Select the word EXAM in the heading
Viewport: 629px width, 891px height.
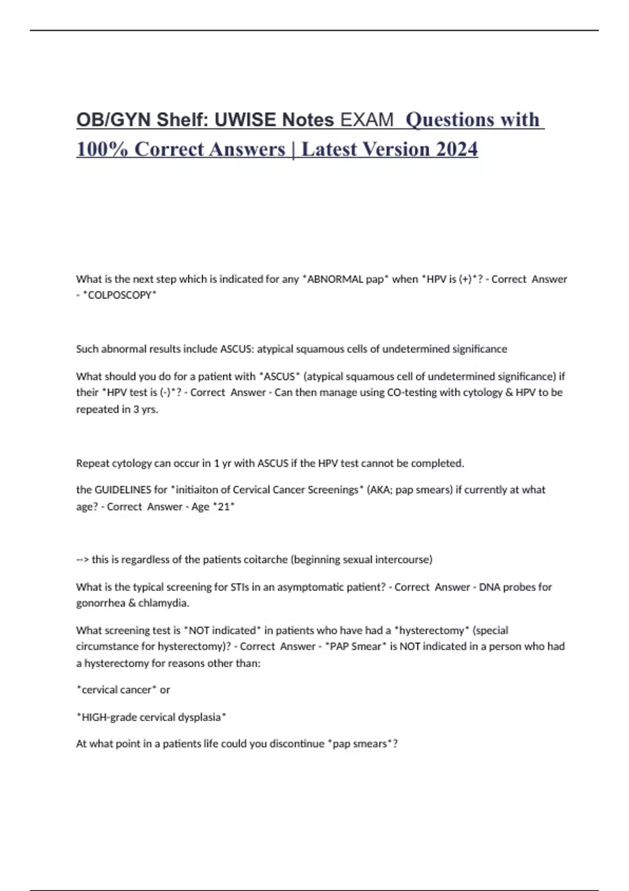point(366,120)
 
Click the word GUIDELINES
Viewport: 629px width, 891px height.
point(122,490)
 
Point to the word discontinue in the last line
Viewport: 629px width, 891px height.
point(297,744)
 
